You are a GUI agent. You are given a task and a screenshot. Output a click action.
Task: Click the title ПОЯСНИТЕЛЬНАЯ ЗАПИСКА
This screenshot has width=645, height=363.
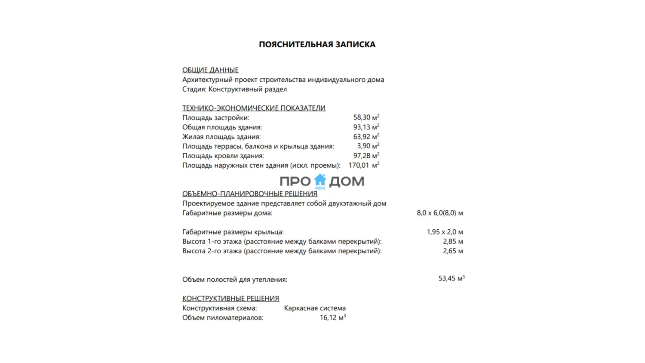coord(317,44)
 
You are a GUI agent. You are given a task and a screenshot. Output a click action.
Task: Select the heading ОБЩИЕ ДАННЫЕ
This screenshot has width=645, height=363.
coord(210,70)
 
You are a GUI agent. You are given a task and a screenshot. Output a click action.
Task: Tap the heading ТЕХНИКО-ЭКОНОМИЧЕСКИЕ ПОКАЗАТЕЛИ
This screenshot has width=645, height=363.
coord(254,108)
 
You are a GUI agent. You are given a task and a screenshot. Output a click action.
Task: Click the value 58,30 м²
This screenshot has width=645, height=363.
coord(366,117)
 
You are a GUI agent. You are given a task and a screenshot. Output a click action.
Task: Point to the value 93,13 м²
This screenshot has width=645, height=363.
coord(366,127)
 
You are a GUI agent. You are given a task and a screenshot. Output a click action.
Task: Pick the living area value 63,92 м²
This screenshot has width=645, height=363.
coord(366,137)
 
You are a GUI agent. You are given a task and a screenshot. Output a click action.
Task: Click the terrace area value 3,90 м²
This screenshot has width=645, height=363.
coord(368,146)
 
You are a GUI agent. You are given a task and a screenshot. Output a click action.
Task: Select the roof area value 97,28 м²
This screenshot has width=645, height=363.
coord(366,156)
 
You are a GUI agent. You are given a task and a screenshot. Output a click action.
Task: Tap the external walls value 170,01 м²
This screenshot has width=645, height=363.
coord(363,165)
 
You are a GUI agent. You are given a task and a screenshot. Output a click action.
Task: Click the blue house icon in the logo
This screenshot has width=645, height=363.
coord(320,180)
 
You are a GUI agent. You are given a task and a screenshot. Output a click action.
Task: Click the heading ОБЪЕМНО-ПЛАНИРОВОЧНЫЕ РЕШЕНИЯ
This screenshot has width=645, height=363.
coord(249,194)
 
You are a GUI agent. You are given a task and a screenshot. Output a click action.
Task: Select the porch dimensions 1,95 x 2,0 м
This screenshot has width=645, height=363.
coord(445,232)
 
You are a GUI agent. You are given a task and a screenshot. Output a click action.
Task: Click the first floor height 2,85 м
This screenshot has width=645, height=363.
coord(453,241)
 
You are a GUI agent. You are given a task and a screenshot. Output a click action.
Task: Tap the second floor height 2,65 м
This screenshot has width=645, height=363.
coord(453,251)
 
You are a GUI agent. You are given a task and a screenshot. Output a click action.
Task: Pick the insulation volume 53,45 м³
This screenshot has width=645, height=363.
coord(451,279)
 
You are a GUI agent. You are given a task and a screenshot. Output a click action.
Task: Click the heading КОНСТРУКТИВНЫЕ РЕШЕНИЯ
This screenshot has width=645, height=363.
coord(230,298)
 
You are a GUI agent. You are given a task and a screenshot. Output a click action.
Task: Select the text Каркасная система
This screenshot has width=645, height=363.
coord(315,308)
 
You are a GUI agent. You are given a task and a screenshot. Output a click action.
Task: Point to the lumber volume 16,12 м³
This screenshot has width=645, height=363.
coord(332,317)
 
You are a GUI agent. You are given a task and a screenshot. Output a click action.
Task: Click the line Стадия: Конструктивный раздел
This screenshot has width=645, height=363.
coord(234,89)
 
